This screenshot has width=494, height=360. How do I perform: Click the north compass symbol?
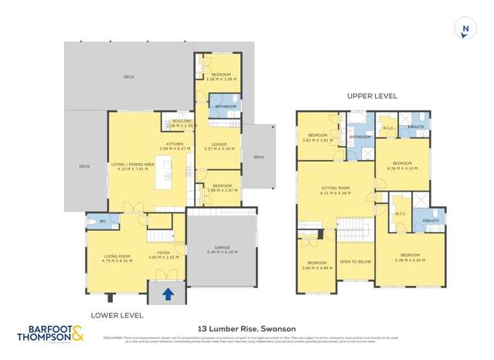point(465,30)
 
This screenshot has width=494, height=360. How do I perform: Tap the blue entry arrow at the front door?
point(166,292)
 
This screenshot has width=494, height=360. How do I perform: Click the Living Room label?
point(117,258)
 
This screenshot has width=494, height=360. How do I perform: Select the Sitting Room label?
point(336,190)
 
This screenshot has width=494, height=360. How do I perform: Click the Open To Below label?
point(356,262)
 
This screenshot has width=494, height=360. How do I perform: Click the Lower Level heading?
point(112,315)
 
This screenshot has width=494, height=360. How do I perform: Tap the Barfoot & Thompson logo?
point(51,334)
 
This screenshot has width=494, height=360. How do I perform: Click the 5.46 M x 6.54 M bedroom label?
point(411,257)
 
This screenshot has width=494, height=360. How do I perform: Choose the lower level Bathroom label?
point(225,106)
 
